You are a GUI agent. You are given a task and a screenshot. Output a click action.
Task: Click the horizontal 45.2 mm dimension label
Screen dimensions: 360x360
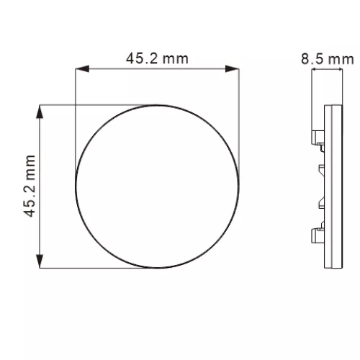[x=157, y=58]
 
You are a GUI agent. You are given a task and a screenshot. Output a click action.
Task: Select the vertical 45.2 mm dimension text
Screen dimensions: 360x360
[x=30, y=186]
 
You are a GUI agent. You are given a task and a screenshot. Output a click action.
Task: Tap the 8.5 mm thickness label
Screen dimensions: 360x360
[x=328, y=59]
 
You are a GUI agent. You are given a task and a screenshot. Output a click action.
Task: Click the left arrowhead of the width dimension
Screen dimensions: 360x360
[x=82, y=69]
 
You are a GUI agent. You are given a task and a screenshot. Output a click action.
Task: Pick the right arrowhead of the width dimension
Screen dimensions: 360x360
[x=232, y=69]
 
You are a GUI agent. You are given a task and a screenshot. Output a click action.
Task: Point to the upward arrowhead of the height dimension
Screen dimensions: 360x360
[x=40, y=112]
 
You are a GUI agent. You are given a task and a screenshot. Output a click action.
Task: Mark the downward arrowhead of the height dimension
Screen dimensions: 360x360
[x=40, y=261]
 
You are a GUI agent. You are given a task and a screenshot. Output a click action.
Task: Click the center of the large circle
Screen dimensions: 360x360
[x=158, y=186]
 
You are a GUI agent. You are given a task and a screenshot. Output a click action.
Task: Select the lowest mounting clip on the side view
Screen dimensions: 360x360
[x=318, y=233]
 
